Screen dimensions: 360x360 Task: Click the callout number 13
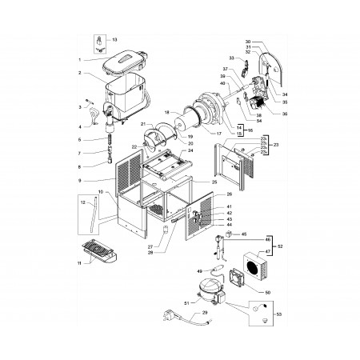click(x=114, y=39)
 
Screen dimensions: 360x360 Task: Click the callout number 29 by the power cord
click(x=182, y=313)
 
